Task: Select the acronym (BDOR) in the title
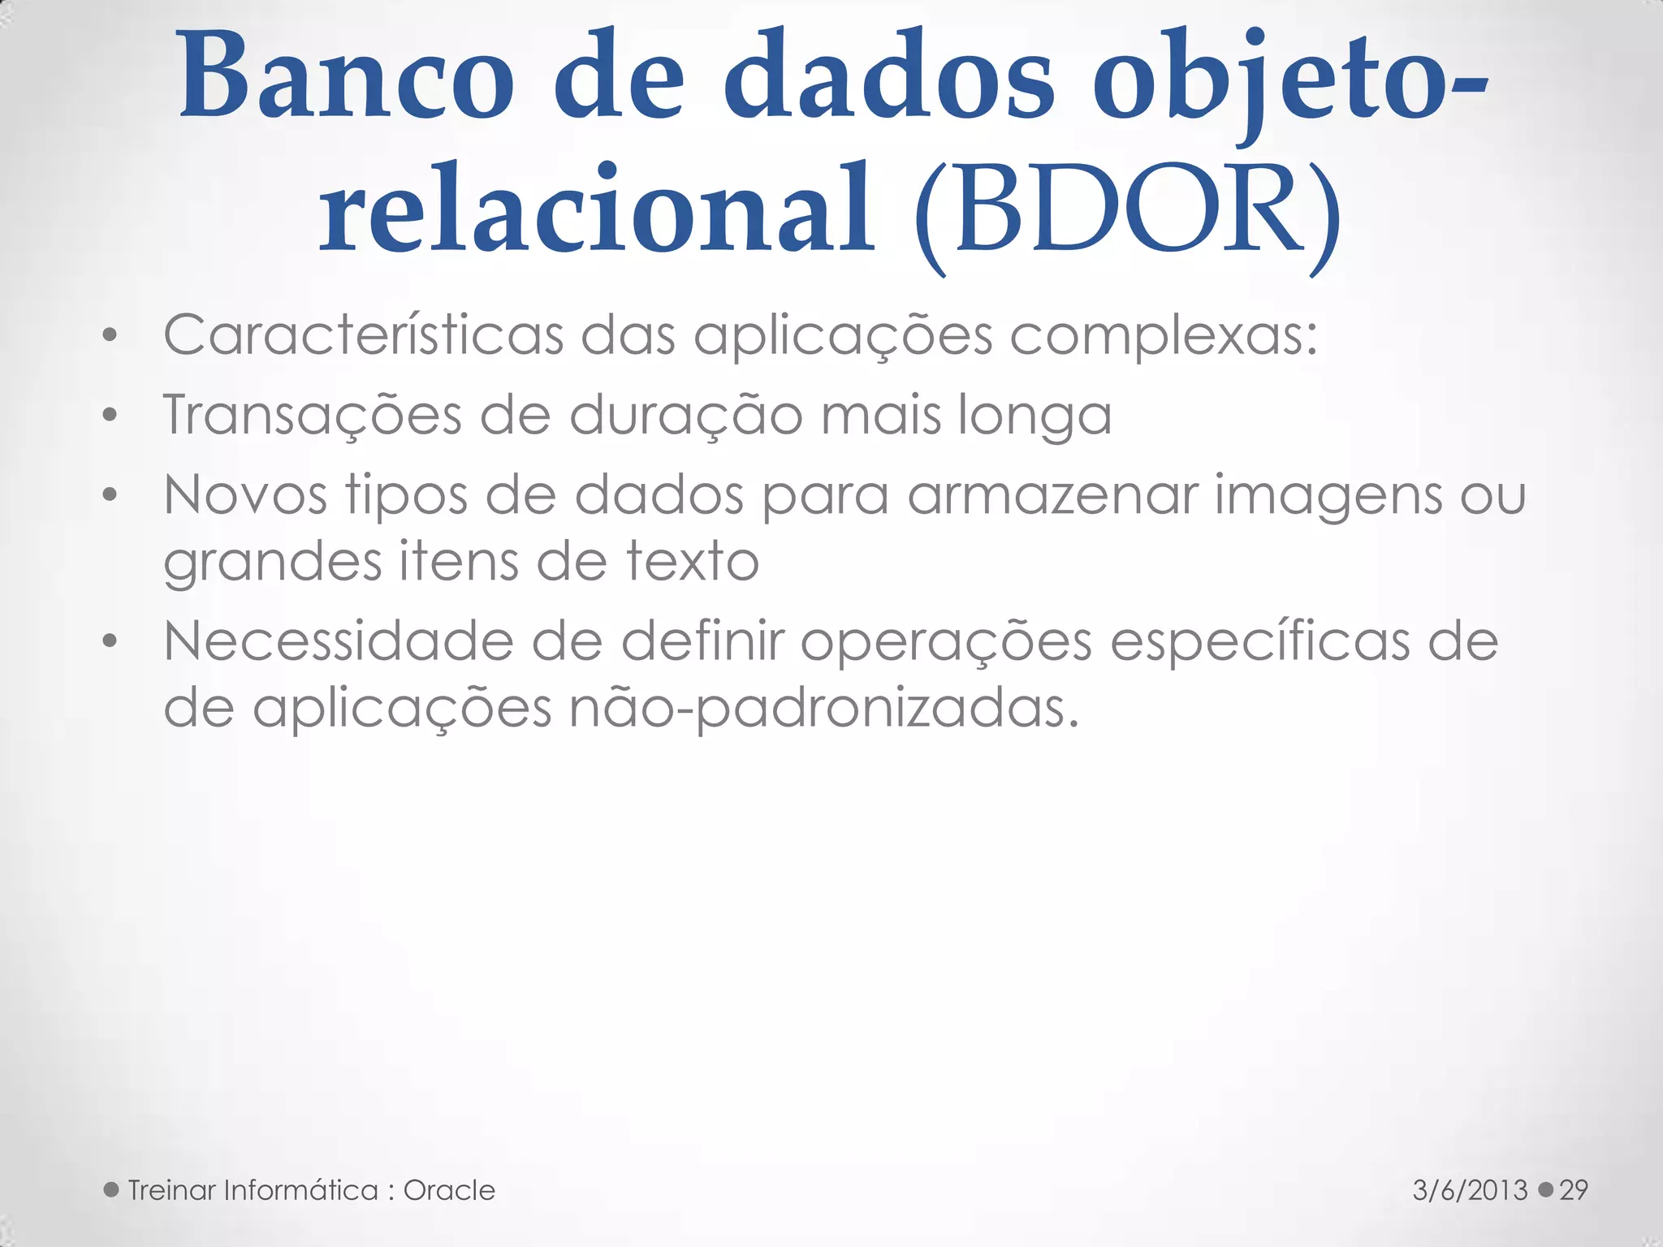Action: point(1126,213)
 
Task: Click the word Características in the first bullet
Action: point(363,335)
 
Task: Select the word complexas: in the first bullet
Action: point(1163,335)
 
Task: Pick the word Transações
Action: point(312,415)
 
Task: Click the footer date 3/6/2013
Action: point(1471,1190)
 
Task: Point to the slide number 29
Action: point(1574,1190)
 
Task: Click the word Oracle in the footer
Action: point(449,1190)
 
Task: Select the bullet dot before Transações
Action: point(110,416)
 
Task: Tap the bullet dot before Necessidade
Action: point(110,642)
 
